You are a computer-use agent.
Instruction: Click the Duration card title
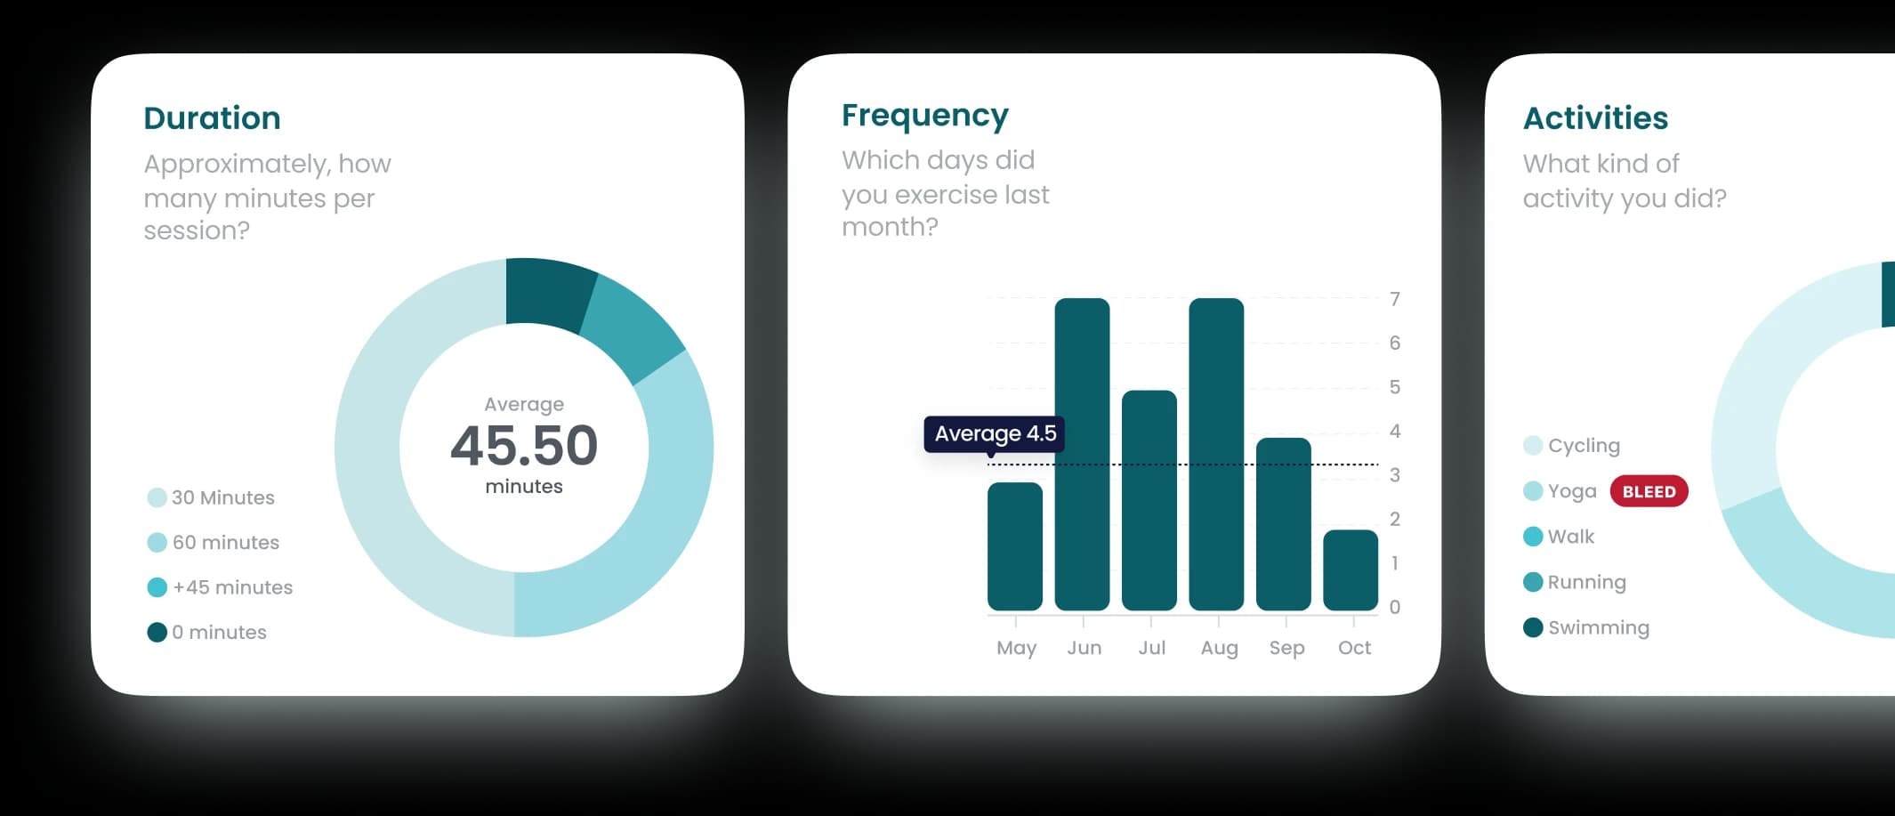[212, 118]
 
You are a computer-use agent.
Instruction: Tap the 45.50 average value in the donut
[524, 446]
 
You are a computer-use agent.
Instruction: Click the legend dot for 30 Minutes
[157, 497]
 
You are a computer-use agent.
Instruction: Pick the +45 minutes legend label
[232, 587]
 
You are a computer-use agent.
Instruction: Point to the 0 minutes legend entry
[219, 632]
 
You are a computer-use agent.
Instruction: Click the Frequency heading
[924, 116]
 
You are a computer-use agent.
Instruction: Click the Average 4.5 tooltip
[995, 433]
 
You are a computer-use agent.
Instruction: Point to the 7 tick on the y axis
[1395, 299]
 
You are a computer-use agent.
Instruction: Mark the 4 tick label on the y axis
[1395, 432]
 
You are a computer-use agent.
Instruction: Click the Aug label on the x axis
[1219, 648]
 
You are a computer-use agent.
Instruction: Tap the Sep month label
[1286, 648]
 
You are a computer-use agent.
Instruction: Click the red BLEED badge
[1649, 491]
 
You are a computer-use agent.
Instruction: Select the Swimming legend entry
[1598, 627]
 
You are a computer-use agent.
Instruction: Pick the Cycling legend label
[1584, 445]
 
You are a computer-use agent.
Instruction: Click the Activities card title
[1595, 118]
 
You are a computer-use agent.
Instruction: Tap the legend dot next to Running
[1533, 582]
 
